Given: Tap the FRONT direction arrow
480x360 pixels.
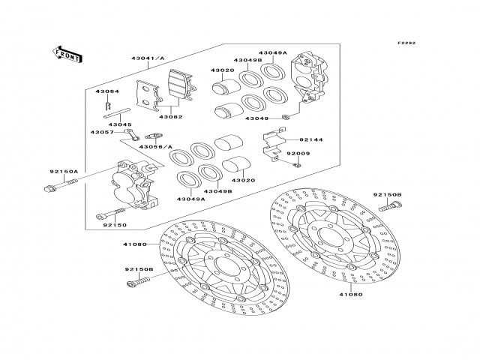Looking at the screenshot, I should pos(67,53).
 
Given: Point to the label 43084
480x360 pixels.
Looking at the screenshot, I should pos(106,91).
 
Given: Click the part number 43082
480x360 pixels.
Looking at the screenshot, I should pos(170,117).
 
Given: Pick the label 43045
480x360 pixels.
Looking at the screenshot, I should pos(121,124).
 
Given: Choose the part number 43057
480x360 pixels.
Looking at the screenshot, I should pos(102,132).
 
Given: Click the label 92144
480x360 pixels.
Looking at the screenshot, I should pos(310,139).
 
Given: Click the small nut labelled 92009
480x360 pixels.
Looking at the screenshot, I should pos(298,164).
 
